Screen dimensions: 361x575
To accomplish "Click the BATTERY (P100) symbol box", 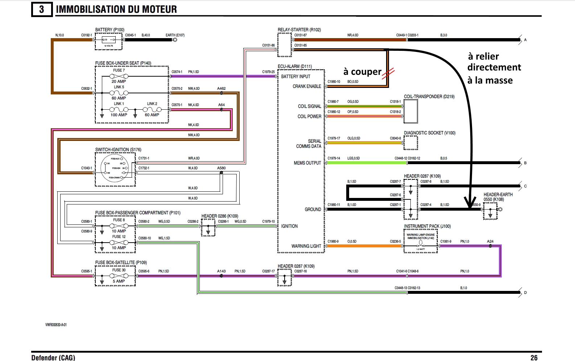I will [109, 41].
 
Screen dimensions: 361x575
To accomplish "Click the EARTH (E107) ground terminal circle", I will [175, 40].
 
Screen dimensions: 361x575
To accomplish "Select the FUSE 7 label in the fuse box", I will [119, 70].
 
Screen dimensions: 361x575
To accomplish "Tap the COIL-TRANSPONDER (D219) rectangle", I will [410, 111].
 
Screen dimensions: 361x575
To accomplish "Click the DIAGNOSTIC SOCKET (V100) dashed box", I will [410, 143].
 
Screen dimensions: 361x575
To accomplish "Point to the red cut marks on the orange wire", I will [389, 73].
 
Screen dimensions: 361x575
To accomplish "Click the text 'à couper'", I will [362, 72].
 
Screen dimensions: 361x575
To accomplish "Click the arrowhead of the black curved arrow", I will [471, 203].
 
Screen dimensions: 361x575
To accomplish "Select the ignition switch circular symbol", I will [115, 168].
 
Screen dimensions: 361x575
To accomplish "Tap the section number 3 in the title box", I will [41, 9].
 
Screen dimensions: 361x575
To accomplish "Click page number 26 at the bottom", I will [534, 358].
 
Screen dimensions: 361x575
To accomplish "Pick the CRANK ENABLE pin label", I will [307, 86].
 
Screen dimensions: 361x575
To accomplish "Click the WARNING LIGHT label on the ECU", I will [306, 246].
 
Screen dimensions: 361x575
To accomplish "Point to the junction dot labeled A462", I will [222, 93].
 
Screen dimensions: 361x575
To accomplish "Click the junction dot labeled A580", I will [222, 173].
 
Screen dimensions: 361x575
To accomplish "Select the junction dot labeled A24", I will [490, 246].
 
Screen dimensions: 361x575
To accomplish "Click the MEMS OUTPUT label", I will [307, 163].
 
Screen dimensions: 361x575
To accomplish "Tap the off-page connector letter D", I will [525, 293].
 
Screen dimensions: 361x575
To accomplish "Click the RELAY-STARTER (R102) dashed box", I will [285, 45].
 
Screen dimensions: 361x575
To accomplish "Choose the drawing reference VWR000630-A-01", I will [56, 325].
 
